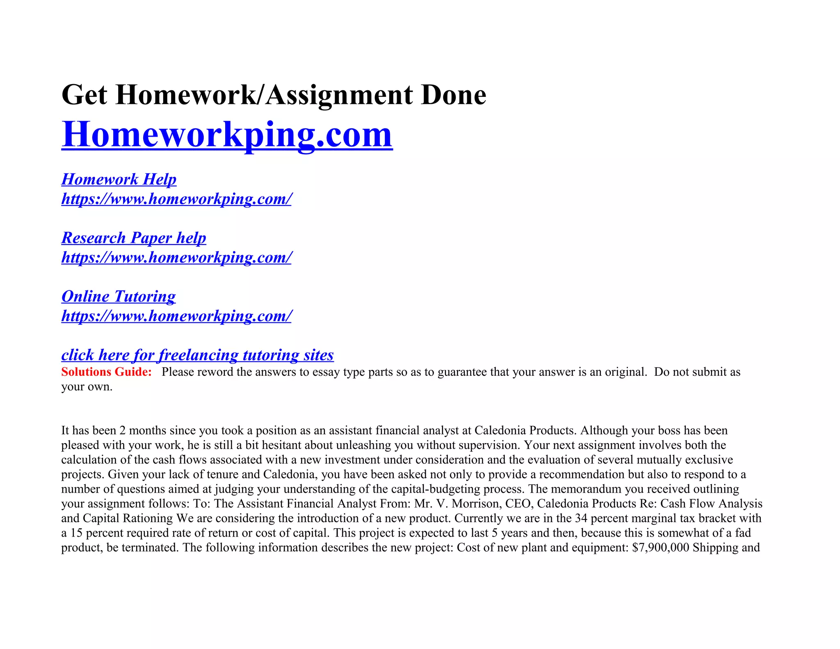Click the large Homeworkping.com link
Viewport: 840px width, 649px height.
227,135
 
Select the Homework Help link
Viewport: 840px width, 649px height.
119,179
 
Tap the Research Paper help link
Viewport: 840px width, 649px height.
134,238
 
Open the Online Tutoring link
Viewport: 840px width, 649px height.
119,297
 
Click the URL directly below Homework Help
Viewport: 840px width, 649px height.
176,199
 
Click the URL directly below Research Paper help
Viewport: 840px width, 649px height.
176,258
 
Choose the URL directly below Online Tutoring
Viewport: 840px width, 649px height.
176,316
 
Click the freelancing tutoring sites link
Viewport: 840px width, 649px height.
197,355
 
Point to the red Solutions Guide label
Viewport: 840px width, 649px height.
106,372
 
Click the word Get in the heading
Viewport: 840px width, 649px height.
84,95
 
